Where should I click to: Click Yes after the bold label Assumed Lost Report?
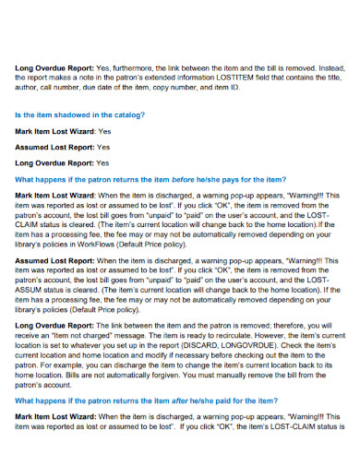(103, 147)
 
